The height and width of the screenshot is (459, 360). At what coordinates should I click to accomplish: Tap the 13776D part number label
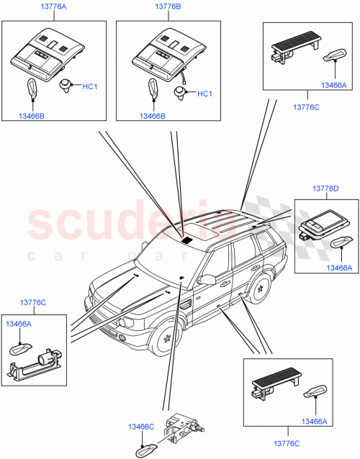[x=324, y=188]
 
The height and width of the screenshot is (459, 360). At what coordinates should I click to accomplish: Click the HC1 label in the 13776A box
[x=89, y=88]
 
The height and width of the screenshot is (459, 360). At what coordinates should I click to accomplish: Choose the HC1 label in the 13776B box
[x=204, y=94]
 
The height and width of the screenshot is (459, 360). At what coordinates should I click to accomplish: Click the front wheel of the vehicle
[x=168, y=335]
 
